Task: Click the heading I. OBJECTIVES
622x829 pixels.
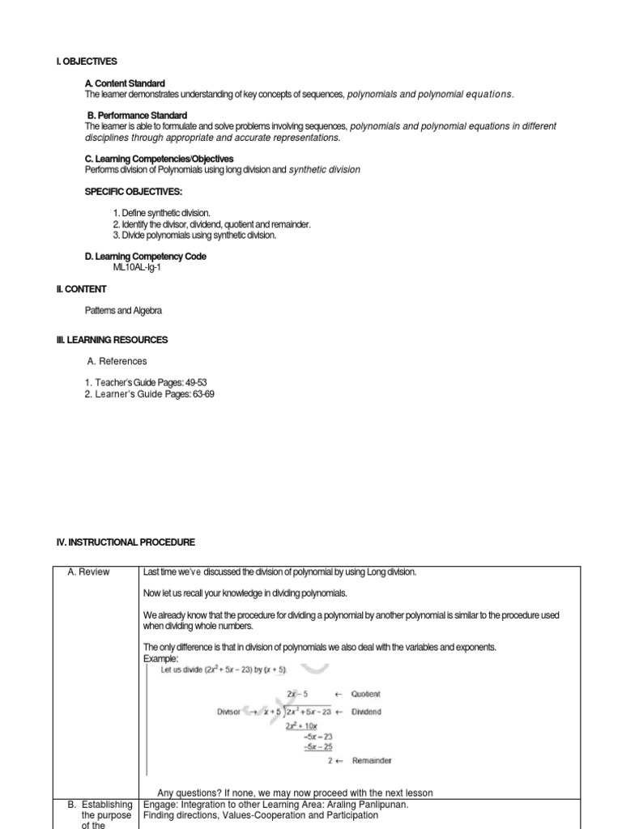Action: coord(87,62)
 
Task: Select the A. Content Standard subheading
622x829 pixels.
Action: coord(125,83)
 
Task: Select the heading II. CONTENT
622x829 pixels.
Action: coord(81,289)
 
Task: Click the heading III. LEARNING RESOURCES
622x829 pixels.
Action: coord(112,340)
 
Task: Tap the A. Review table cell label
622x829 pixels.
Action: coord(88,572)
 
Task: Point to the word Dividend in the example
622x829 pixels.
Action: coord(365,712)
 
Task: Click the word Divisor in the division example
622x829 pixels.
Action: coord(230,712)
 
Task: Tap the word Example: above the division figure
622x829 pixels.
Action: coord(160,659)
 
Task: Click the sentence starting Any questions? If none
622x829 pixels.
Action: coord(295,793)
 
